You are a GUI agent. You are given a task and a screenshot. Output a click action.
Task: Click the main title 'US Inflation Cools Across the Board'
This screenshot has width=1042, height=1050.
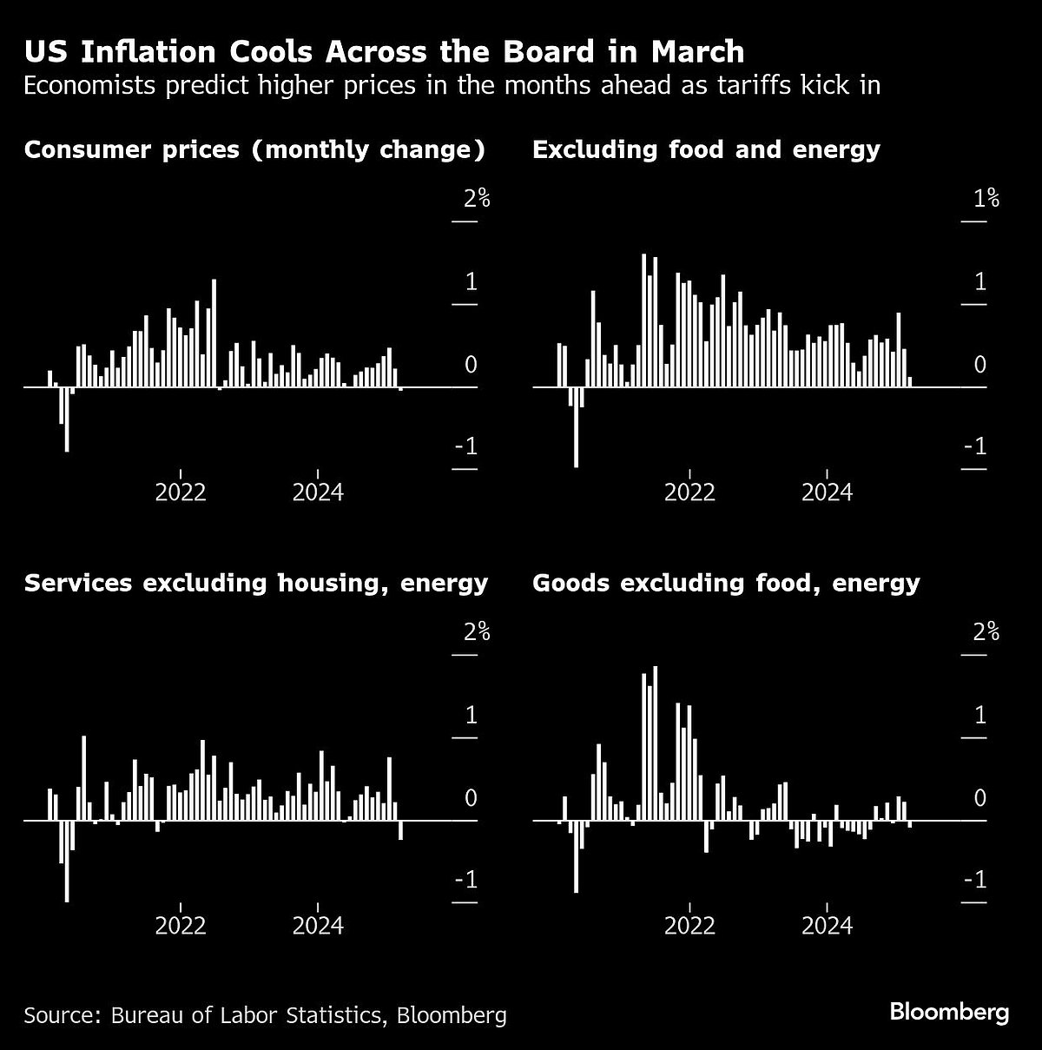[384, 52]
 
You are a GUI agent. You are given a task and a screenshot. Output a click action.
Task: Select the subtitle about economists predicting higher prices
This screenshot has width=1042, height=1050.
[452, 86]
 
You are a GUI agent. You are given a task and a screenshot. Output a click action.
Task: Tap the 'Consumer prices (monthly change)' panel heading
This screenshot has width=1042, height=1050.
[254, 149]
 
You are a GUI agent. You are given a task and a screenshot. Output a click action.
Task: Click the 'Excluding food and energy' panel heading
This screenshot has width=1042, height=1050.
[706, 149]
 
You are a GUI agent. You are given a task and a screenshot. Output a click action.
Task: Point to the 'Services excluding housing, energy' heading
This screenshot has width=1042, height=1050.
[255, 582]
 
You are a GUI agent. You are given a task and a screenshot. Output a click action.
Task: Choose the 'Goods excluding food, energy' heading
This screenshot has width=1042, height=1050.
[725, 582]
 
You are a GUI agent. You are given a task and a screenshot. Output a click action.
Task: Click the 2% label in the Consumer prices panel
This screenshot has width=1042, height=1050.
[477, 199]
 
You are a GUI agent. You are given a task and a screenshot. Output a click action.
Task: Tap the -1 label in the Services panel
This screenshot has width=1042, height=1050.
[465, 881]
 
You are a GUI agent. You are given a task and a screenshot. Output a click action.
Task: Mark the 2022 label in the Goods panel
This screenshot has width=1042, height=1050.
[689, 926]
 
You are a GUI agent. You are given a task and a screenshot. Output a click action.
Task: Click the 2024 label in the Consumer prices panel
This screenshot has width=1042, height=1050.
[318, 492]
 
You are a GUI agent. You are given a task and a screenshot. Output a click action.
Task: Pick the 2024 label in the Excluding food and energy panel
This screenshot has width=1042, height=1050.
[827, 492]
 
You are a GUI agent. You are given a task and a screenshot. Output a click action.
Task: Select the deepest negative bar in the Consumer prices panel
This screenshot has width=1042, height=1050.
[67, 419]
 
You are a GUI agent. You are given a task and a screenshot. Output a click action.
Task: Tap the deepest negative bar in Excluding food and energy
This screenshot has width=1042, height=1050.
[576, 426]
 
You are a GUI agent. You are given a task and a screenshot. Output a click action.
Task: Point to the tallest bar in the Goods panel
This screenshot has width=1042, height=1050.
[655, 743]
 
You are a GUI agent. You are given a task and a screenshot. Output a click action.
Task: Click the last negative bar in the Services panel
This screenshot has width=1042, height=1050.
[400, 829]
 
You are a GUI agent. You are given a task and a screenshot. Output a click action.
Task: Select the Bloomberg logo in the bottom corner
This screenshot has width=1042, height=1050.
[948, 1012]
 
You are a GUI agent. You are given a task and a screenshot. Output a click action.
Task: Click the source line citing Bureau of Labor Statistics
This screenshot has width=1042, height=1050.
[265, 1015]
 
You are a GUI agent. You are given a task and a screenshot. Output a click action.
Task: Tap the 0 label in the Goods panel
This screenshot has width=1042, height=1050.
[980, 798]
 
